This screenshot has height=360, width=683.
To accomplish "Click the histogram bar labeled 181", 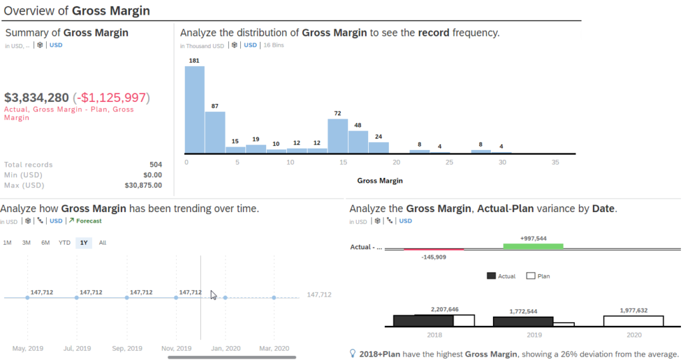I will coord(194,109).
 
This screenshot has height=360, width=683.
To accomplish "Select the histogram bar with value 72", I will coord(337,136).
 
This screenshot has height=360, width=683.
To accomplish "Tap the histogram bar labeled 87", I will coord(215,132).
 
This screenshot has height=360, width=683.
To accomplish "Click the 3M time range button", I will coord(27,243).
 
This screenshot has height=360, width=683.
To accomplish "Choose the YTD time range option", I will coord(65,243).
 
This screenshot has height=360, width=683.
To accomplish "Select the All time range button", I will coord(103,243).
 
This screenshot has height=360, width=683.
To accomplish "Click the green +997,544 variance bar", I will coord(533,246).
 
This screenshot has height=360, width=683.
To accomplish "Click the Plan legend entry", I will coord(539,275).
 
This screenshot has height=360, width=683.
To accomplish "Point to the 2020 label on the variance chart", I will coord(633,335).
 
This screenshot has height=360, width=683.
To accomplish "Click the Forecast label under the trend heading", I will coord(89,221).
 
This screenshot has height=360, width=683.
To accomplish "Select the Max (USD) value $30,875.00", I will coord(143,185).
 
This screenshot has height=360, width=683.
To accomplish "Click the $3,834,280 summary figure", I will coord(37,97).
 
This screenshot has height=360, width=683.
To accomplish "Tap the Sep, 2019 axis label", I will coord(127,348).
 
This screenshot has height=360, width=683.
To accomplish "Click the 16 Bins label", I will coord(276,45).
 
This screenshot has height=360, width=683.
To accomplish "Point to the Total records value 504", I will coord(155,165).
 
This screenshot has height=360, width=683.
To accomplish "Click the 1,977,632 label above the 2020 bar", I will coord(634,310).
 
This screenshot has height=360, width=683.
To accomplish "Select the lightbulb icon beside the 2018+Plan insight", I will coord(353,354).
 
